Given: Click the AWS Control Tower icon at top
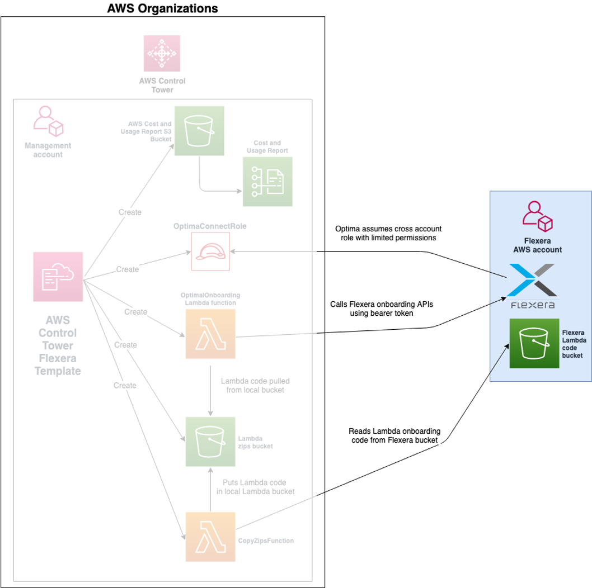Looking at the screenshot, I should click(x=162, y=53).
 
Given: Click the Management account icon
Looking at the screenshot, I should click(x=48, y=121).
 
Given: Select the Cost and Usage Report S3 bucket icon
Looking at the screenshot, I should click(x=199, y=131).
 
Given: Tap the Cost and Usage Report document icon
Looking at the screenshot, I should click(x=267, y=182).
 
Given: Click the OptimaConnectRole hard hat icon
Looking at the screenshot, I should click(x=210, y=252).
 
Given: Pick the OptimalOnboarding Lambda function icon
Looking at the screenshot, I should click(x=210, y=334).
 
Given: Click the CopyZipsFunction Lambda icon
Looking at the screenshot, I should click(x=210, y=537).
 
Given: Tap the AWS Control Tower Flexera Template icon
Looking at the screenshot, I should click(x=58, y=277).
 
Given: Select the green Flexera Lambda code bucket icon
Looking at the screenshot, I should click(x=534, y=343).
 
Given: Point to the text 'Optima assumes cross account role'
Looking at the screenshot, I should click(x=388, y=233).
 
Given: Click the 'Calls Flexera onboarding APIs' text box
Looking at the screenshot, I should click(x=382, y=309).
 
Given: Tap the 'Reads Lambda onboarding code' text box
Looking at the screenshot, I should click(x=394, y=435).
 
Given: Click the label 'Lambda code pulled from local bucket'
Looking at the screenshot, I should click(x=255, y=385).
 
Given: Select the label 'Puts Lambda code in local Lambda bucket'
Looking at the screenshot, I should click(x=255, y=487).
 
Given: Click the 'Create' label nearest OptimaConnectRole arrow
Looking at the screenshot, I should click(x=128, y=269).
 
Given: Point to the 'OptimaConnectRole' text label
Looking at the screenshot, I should click(x=210, y=226).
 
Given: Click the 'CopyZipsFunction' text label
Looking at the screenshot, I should click(x=266, y=540).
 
